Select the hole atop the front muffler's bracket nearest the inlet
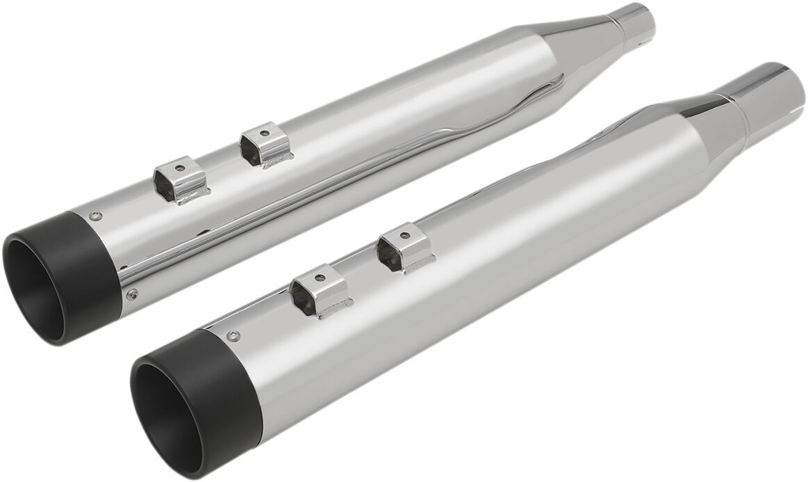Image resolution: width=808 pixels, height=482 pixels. coord(405,232)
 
